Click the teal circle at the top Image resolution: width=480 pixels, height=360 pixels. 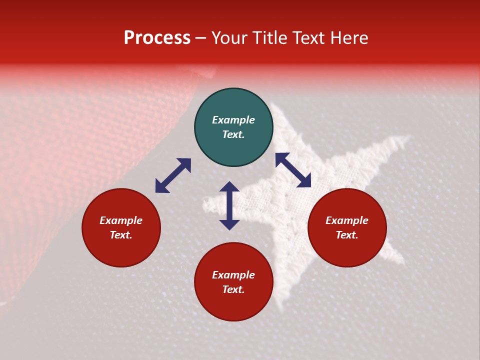click(233, 127)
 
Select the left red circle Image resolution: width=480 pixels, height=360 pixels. click(121, 227)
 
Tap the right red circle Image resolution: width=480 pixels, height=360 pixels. click(347, 227)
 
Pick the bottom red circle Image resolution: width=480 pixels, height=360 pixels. click(233, 282)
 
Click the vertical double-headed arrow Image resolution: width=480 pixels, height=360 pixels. click(229, 205)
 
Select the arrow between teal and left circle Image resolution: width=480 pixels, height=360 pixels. click(173, 175)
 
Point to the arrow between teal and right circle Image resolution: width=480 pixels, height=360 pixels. click(293, 170)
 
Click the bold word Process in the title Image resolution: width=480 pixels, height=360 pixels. click(157, 38)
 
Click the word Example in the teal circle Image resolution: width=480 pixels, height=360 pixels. click(233, 120)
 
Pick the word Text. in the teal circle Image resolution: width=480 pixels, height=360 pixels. click(233, 134)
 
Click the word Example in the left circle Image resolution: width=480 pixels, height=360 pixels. click(121, 220)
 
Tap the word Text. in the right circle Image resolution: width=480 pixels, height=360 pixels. click(347, 235)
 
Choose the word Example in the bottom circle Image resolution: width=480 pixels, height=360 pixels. click(233, 275)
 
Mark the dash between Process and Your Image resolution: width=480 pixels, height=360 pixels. click(201, 38)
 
